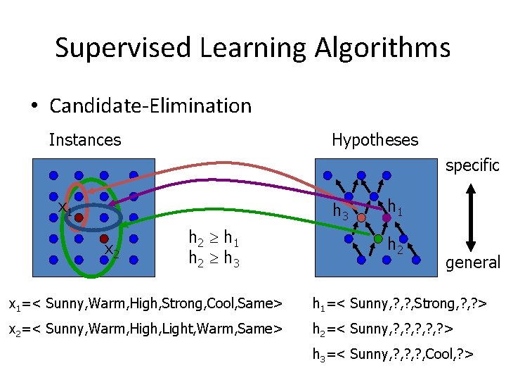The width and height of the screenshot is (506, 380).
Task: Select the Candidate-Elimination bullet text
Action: tap(150, 106)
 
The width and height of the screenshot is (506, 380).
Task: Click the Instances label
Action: tap(85, 140)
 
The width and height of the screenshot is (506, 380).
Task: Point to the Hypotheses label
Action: tap(375, 140)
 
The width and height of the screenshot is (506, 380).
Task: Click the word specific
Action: tap(472, 165)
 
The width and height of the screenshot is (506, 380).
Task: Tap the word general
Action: tap(472, 262)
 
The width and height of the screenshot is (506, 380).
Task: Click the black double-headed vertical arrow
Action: tap(471, 215)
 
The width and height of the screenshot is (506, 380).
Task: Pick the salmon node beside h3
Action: tap(361, 218)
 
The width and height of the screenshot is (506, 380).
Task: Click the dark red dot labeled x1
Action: tap(79, 218)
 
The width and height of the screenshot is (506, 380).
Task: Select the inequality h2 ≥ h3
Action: tap(214, 258)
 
